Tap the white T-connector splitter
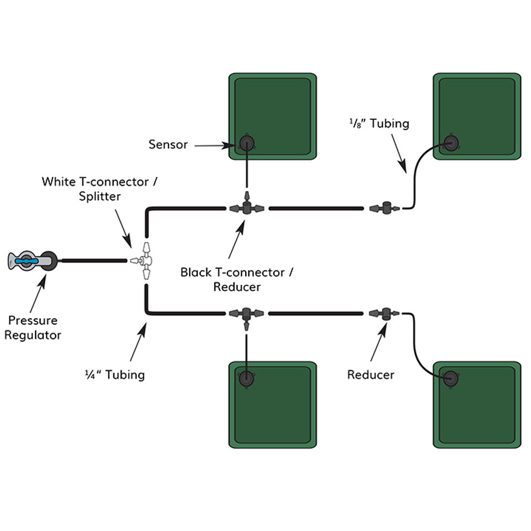(x=145, y=261)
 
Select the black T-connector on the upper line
(x=247, y=209)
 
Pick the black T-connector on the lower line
(x=247, y=314)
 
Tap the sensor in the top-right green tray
(x=451, y=145)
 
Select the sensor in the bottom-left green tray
(x=246, y=378)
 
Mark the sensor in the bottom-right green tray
(x=451, y=379)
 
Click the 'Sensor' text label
(x=168, y=145)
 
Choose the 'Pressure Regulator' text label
(x=33, y=327)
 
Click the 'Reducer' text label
(x=371, y=374)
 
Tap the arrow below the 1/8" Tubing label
(x=399, y=152)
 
